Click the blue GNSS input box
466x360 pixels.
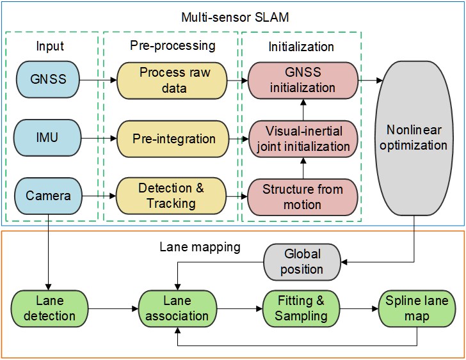[x=48, y=79]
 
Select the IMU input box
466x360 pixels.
[x=47, y=137]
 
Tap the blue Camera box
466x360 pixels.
[x=49, y=196]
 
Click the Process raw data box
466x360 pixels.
[x=172, y=81]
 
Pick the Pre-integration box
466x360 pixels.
[x=173, y=139]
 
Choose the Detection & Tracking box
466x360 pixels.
[x=171, y=196]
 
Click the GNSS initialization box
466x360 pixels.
[x=303, y=80]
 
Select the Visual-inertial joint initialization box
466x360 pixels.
[x=303, y=139]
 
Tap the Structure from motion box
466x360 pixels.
[x=303, y=197]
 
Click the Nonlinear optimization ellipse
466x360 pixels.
[x=414, y=138]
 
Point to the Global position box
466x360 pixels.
[x=302, y=262]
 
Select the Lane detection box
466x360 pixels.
[x=50, y=309]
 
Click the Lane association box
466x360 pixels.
[x=178, y=309]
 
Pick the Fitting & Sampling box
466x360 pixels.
[x=301, y=309]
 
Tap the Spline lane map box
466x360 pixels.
[x=417, y=309]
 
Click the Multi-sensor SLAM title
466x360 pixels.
[x=235, y=17]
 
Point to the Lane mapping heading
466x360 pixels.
[x=200, y=247]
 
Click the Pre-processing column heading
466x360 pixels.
[x=173, y=45]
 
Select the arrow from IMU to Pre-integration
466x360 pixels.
[x=99, y=138]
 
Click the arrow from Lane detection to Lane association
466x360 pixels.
[x=113, y=309]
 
